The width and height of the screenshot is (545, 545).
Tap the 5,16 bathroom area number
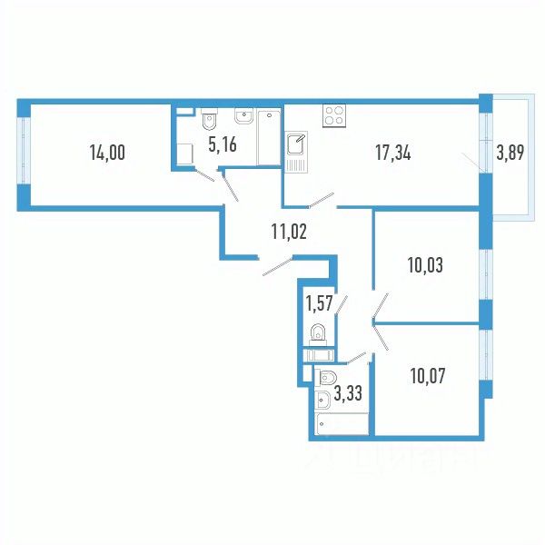click(223, 144)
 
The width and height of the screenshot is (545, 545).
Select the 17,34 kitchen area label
click(392, 153)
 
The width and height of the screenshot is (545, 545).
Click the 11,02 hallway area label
click(289, 231)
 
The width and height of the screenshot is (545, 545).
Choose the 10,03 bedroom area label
click(423, 266)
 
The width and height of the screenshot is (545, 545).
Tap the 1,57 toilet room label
click(318, 302)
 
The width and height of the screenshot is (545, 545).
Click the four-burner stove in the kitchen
click(333, 115)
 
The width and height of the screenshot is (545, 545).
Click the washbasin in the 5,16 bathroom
click(243, 116)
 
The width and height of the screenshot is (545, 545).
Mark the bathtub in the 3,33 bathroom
click(342, 423)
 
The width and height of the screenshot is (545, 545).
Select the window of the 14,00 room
click(23, 153)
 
